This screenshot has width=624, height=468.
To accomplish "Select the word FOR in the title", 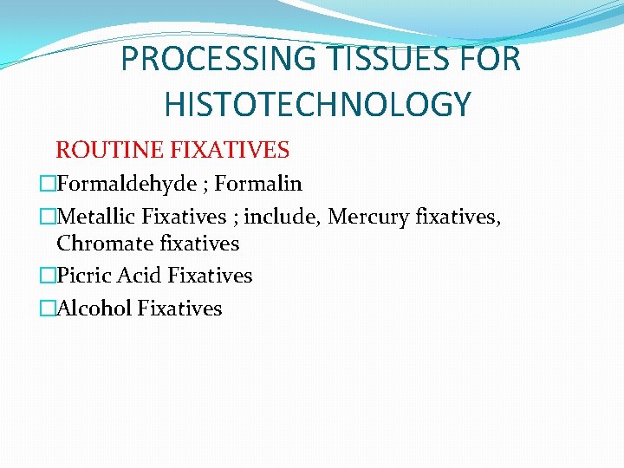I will [491, 60].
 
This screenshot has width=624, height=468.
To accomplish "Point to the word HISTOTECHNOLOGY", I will [317, 105].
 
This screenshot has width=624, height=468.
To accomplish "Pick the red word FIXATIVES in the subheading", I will [230, 150].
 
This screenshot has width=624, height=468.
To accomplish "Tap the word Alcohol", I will [94, 309].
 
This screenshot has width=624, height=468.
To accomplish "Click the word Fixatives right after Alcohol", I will [180, 309].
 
